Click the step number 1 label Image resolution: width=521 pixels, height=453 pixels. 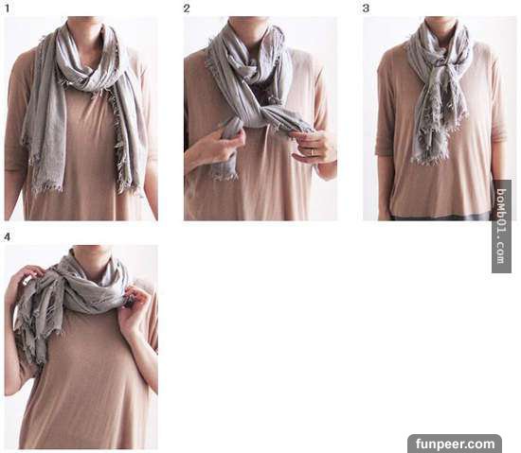tap(8, 9)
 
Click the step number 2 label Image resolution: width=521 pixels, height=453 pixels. tap(187, 9)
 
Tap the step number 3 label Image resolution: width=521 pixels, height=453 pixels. tap(366, 9)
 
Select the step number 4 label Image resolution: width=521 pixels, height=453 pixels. tap(8, 236)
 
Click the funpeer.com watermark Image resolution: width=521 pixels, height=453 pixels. tap(455, 444)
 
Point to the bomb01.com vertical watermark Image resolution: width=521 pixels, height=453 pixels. tap(501, 227)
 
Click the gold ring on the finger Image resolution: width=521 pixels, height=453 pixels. tap(312, 152)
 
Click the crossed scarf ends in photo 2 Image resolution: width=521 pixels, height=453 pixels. tap(262, 113)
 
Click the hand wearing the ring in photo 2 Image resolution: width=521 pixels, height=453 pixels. tap(311, 148)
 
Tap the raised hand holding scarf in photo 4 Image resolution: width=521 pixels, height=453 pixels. tap(24, 282)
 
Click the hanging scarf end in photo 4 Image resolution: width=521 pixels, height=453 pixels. tap(31, 332)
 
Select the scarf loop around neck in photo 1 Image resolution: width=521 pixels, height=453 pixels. tap(91, 60)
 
